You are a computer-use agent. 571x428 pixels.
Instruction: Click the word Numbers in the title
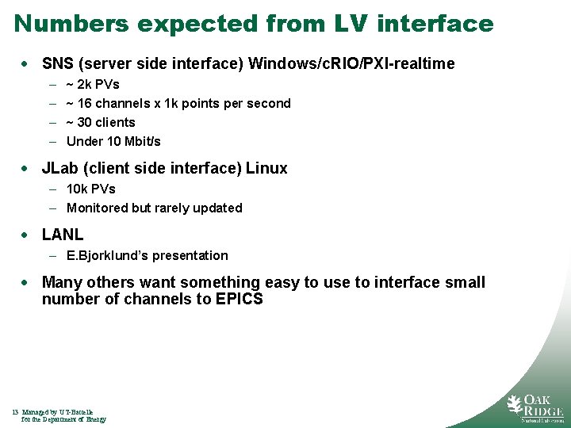pos(71,24)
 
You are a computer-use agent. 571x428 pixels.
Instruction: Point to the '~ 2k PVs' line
pos(93,84)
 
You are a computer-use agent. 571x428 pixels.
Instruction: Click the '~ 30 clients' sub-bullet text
pos(101,122)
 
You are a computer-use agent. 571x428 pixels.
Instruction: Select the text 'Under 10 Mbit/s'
pos(113,141)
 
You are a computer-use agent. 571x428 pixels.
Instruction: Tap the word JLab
pos(61,168)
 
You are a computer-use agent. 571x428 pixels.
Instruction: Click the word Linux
pos(266,168)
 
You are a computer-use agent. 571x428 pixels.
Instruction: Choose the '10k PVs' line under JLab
pos(91,189)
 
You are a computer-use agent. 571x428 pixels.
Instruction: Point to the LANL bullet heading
pos(63,235)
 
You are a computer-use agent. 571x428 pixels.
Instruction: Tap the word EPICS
pos(239,299)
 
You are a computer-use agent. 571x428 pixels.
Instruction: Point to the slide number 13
pos(16,412)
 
